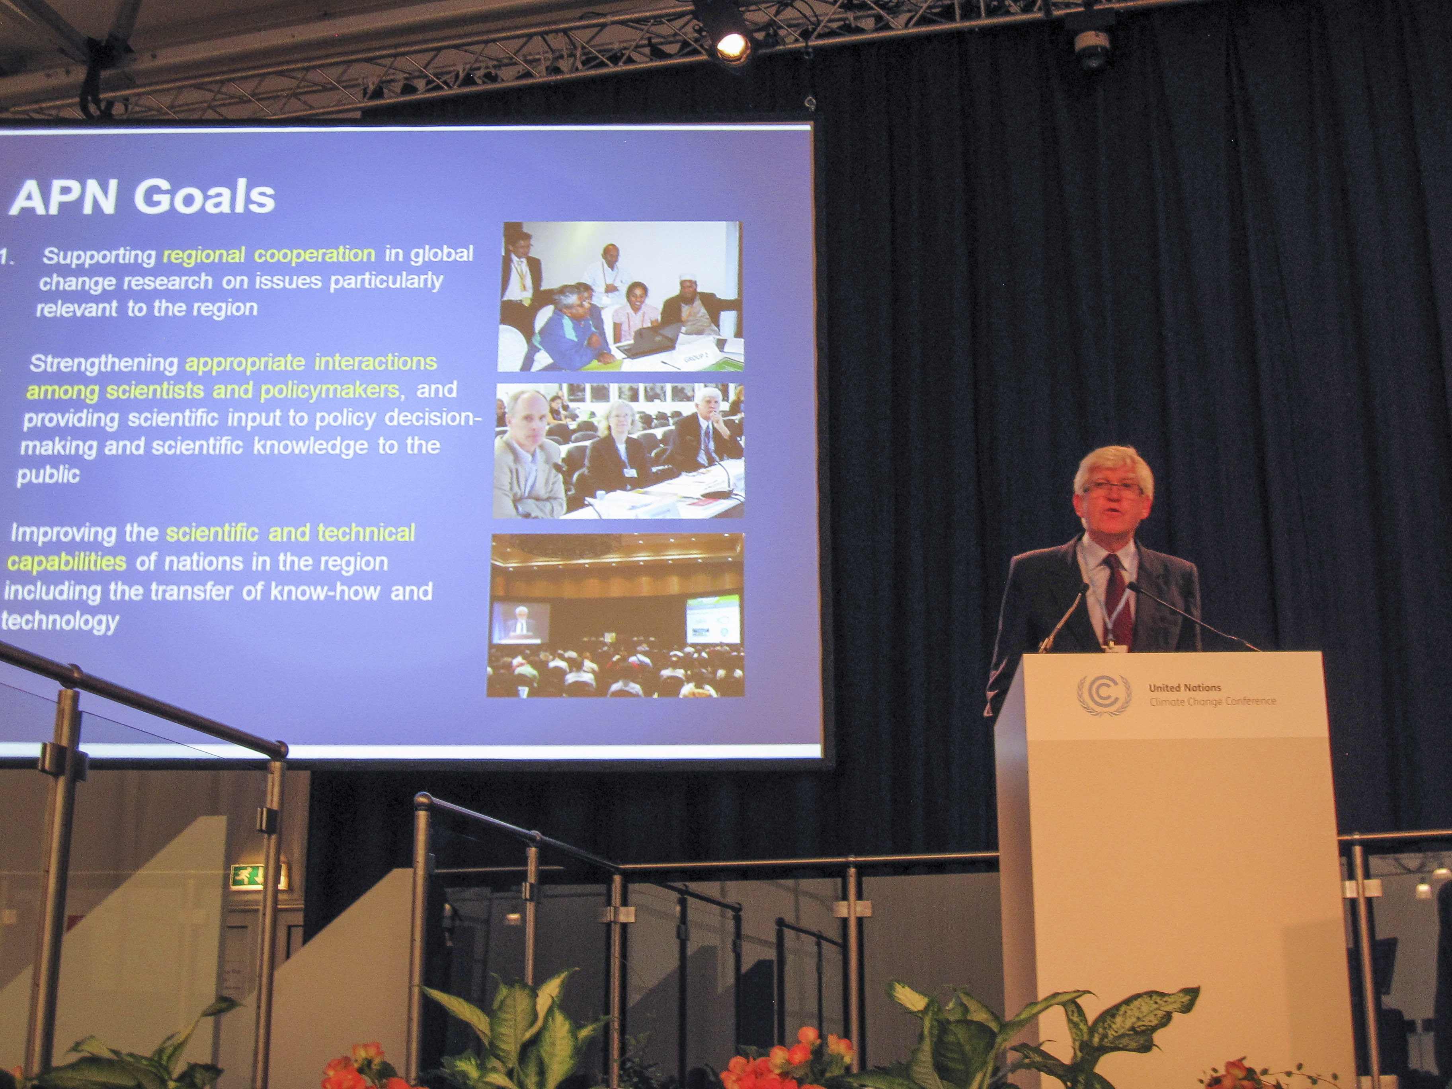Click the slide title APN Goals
click(142, 197)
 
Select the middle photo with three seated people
click(619, 451)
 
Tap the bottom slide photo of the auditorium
click(616, 615)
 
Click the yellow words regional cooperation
click(269, 255)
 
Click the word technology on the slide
click(60, 621)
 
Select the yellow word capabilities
click(66, 562)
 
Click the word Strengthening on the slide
click(104, 363)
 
